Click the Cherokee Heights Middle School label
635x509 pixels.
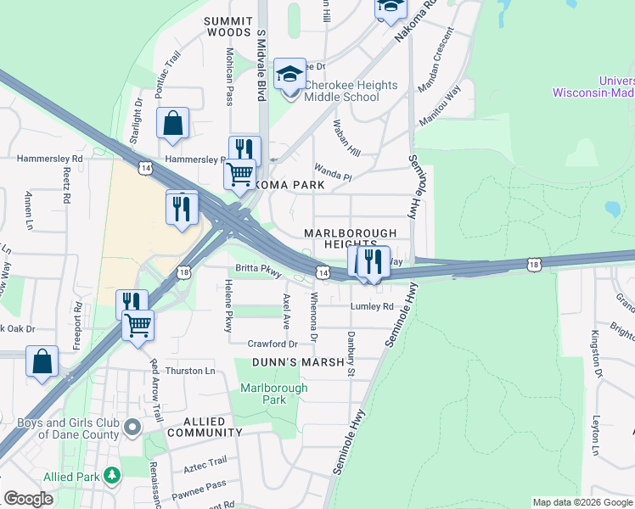point(351,91)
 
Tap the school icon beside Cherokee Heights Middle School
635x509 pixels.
point(289,74)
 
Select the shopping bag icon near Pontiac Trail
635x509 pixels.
point(172,123)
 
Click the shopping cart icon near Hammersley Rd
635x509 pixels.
point(239,174)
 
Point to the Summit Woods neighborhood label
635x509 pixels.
point(228,26)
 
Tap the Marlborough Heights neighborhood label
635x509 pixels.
point(351,238)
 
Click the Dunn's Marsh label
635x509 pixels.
point(297,363)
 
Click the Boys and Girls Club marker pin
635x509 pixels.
point(132,427)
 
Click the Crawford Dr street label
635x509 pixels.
point(273,344)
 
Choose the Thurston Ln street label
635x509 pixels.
point(190,372)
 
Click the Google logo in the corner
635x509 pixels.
point(29,500)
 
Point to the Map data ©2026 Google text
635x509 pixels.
point(582,503)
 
